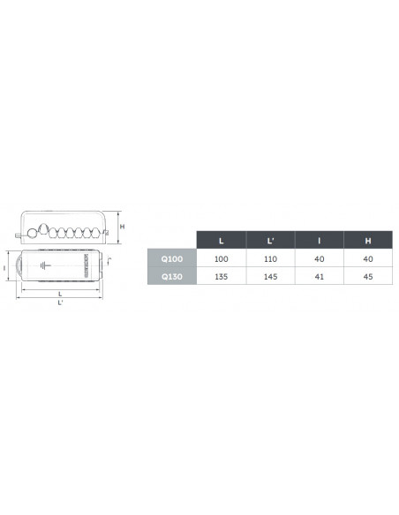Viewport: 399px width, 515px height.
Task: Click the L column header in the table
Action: (222, 241)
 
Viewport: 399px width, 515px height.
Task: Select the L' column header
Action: (270, 241)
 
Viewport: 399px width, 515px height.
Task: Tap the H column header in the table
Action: (368, 241)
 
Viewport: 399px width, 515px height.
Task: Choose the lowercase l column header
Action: (320, 241)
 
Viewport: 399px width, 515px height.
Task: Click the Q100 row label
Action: (172, 258)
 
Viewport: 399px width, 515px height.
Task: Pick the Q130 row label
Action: (172, 277)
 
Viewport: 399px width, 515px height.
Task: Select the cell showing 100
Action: (222, 258)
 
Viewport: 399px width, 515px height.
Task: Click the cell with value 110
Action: (270, 258)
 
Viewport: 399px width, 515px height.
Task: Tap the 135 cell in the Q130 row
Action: (222, 277)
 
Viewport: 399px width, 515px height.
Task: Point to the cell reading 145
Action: (270, 277)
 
